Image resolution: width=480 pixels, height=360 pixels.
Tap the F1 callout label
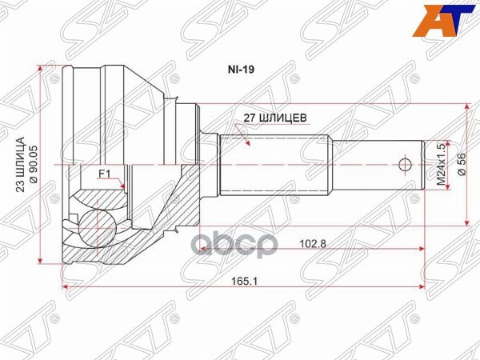click(x=104, y=173)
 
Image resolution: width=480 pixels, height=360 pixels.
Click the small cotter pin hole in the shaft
click(x=405, y=166)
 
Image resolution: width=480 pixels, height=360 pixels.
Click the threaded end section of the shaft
click(x=376, y=166)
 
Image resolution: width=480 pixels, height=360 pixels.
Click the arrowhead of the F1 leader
click(x=126, y=189)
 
